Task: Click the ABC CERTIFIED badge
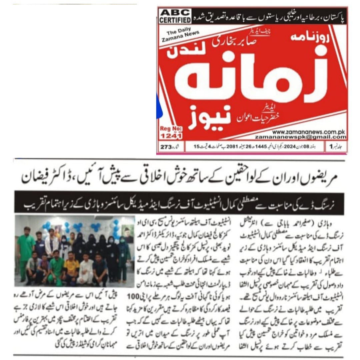pos(175,16)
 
